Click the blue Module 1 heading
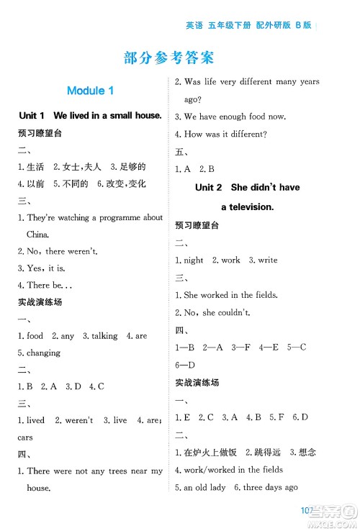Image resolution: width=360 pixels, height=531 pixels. pyautogui.click(x=90, y=91)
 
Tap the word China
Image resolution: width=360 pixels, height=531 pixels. pyautogui.click(x=38, y=235)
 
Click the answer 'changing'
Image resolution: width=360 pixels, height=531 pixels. pyautogui.click(x=43, y=353)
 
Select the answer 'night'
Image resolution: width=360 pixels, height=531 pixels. pyautogui.click(x=194, y=260)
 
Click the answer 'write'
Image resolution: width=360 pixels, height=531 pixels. pyautogui.click(x=267, y=260)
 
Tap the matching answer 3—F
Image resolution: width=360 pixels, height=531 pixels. pyautogui.click(x=242, y=347)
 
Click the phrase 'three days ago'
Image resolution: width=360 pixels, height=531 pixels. pyautogui.click(x=270, y=487)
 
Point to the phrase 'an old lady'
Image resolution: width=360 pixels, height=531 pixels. pyautogui.click(x=203, y=487)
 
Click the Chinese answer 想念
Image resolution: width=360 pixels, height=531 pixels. pyautogui.click(x=307, y=453)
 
